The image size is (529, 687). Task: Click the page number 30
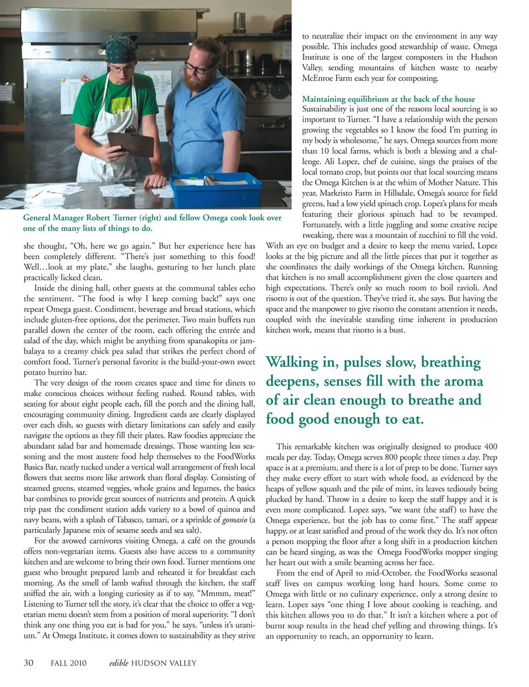tap(29, 663)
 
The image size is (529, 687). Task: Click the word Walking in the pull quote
tap(293, 363)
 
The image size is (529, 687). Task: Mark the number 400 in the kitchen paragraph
tap(489, 446)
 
